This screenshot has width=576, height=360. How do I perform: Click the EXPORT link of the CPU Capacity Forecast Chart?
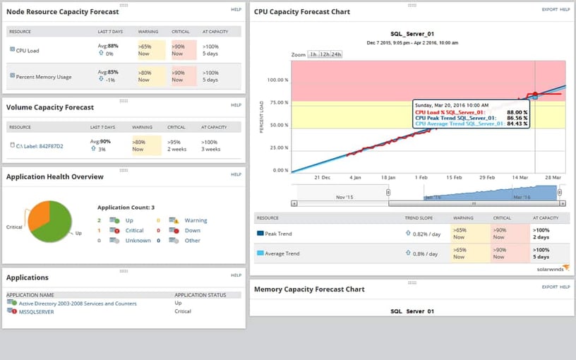point(549,9)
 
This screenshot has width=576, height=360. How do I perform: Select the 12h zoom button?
point(325,54)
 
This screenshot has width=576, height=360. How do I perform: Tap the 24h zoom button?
point(337,54)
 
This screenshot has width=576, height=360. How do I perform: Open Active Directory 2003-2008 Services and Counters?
point(77,304)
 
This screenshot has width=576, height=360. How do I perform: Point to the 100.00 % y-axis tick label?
point(275,80)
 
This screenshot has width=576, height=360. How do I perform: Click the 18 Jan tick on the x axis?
point(388,178)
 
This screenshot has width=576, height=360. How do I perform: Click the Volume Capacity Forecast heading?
point(49,107)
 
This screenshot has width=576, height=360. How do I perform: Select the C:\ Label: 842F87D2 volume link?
point(41,146)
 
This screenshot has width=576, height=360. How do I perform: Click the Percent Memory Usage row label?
point(44,76)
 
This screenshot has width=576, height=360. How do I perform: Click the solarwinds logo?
point(551,268)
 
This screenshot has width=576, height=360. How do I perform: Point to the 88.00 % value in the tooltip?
point(517,111)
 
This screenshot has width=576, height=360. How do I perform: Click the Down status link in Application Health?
point(192,230)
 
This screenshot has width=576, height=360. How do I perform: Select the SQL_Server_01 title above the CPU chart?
point(412,33)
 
